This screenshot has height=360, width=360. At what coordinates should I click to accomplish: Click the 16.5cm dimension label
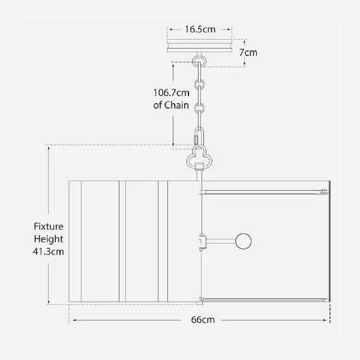point(200,29)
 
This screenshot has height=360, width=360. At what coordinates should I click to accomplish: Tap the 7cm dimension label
point(248,52)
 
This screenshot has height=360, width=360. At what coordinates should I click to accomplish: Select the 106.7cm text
point(170,92)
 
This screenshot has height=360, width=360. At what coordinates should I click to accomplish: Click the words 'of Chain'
point(172,105)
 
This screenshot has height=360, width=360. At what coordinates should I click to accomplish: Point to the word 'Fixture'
point(49,227)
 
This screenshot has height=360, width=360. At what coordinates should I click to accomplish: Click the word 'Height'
point(49,239)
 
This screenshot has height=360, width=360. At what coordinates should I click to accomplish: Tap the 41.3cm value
point(49,251)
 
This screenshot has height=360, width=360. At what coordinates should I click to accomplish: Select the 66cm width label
point(203,320)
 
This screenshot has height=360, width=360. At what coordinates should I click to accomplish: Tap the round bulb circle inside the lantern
point(244,241)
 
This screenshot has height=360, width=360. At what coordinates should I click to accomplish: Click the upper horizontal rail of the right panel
point(264,191)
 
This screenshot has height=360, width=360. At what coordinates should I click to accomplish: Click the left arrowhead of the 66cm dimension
point(71,320)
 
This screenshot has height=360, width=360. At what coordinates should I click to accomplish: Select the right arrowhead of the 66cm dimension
point(328,320)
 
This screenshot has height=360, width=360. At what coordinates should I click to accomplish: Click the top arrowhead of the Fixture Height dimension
point(49,148)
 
